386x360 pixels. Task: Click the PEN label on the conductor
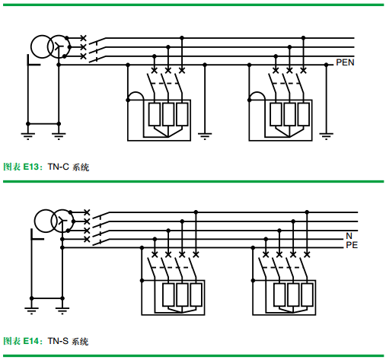pyautogui.click(x=345, y=62)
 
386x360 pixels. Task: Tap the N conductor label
pyautogui.click(x=349, y=236)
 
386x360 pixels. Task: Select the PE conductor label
pyautogui.click(x=352, y=245)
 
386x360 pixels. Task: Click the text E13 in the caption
pyautogui.click(x=31, y=167)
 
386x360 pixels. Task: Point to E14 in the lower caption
pyautogui.click(x=31, y=341)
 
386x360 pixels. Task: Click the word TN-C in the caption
pyautogui.click(x=59, y=167)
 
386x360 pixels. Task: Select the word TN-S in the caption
pyautogui.click(x=58, y=341)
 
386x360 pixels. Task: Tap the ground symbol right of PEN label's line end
pyautogui.click(x=327, y=136)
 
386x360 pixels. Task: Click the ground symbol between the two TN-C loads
pyautogui.click(x=205, y=136)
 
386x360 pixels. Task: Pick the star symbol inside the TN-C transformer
pyautogui.click(x=59, y=46)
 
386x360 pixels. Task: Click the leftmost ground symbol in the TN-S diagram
pyautogui.click(x=31, y=311)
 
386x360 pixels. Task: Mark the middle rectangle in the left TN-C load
pyautogui.click(x=168, y=114)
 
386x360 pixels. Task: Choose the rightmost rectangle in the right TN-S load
pyautogui.click(x=307, y=295)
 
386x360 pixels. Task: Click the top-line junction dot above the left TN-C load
pyautogui.click(x=182, y=38)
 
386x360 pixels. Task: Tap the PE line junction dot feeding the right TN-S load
pyautogui.click(x=253, y=247)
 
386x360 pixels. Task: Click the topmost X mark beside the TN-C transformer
pyautogui.click(x=83, y=38)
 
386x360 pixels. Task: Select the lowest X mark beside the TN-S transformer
pyautogui.click(x=87, y=239)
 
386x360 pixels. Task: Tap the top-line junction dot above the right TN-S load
pyautogui.click(x=307, y=212)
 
